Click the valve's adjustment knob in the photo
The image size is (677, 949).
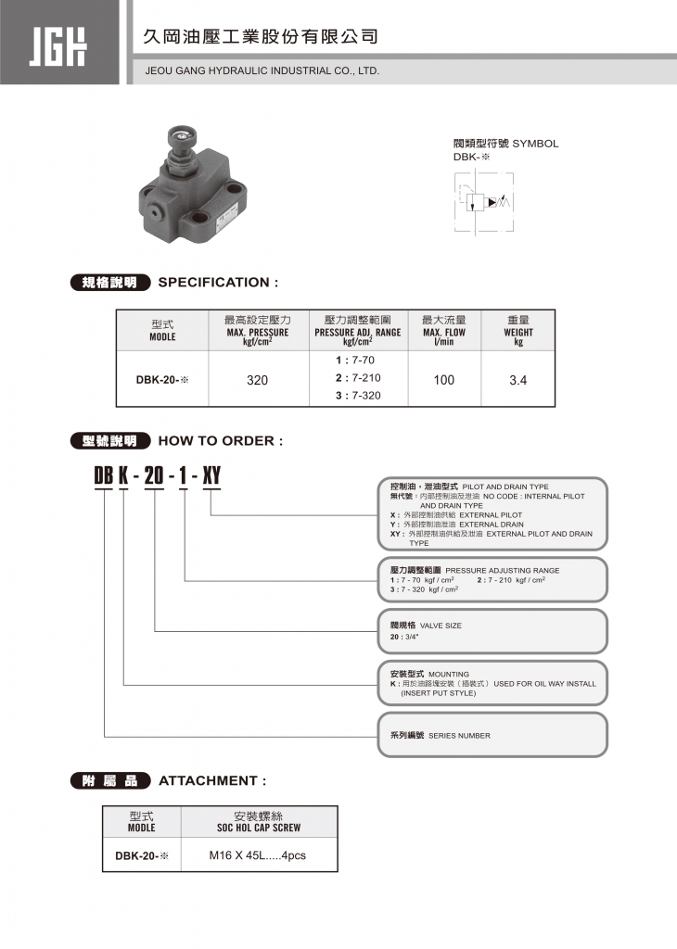pos(179,140)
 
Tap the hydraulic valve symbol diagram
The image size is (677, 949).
pos(484,201)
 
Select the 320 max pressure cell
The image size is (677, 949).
pos(258,380)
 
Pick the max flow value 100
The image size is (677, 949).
pos(444,380)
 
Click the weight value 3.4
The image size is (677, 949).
pos(518,380)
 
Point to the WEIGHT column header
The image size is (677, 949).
pos(518,332)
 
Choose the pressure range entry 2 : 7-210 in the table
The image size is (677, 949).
pos(358,378)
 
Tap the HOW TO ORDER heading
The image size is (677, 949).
pos(221,440)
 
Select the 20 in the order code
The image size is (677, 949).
pos(154,477)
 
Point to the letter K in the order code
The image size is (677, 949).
pos(122,477)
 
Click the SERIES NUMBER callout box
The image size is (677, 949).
pos(492,735)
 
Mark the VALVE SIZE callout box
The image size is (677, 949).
pos(492,631)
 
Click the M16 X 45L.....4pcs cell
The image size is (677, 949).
pos(258,855)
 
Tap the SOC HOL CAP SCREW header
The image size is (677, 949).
pos(258,827)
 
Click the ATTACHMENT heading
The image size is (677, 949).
pos(212,780)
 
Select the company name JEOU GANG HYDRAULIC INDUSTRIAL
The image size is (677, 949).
pos(262,70)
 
